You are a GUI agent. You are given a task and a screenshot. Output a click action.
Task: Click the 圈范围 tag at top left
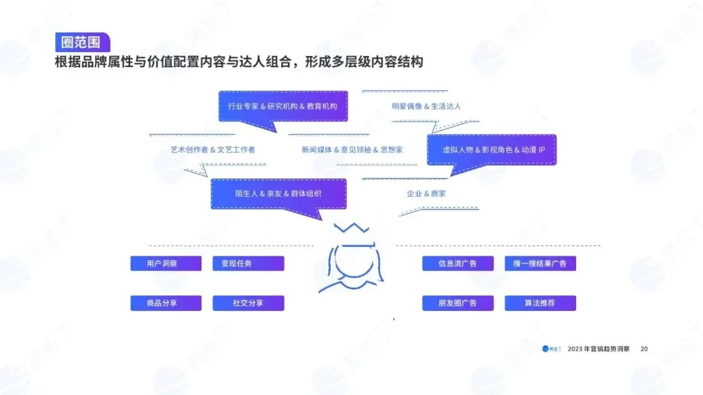(x=82, y=42)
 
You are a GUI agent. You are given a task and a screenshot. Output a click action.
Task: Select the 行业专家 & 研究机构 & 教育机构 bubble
(x=283, y=106)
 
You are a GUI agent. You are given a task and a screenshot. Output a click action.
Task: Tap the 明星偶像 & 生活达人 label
(x=426, y=106)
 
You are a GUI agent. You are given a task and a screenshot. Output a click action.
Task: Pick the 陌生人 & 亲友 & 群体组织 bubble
(x=278, y=194)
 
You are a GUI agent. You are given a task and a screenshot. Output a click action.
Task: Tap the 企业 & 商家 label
(x=426, y=194)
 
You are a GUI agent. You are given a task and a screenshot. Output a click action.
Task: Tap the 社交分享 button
(x=248, y=303)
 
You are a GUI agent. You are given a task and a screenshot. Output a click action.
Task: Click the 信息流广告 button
(x=458, y=264)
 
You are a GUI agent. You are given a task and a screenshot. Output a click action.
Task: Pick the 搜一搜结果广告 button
(x=540, y=264)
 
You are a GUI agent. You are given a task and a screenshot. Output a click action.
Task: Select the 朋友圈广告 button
(x=458, y=303)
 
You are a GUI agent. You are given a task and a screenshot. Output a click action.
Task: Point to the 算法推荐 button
(x=540, y=303)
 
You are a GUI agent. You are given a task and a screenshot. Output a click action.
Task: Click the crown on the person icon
(x=351, y=230)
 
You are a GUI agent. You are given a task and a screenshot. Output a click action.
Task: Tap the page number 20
(x=644, y=349)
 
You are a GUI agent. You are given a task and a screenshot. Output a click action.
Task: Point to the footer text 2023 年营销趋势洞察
(x=598, y=349)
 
